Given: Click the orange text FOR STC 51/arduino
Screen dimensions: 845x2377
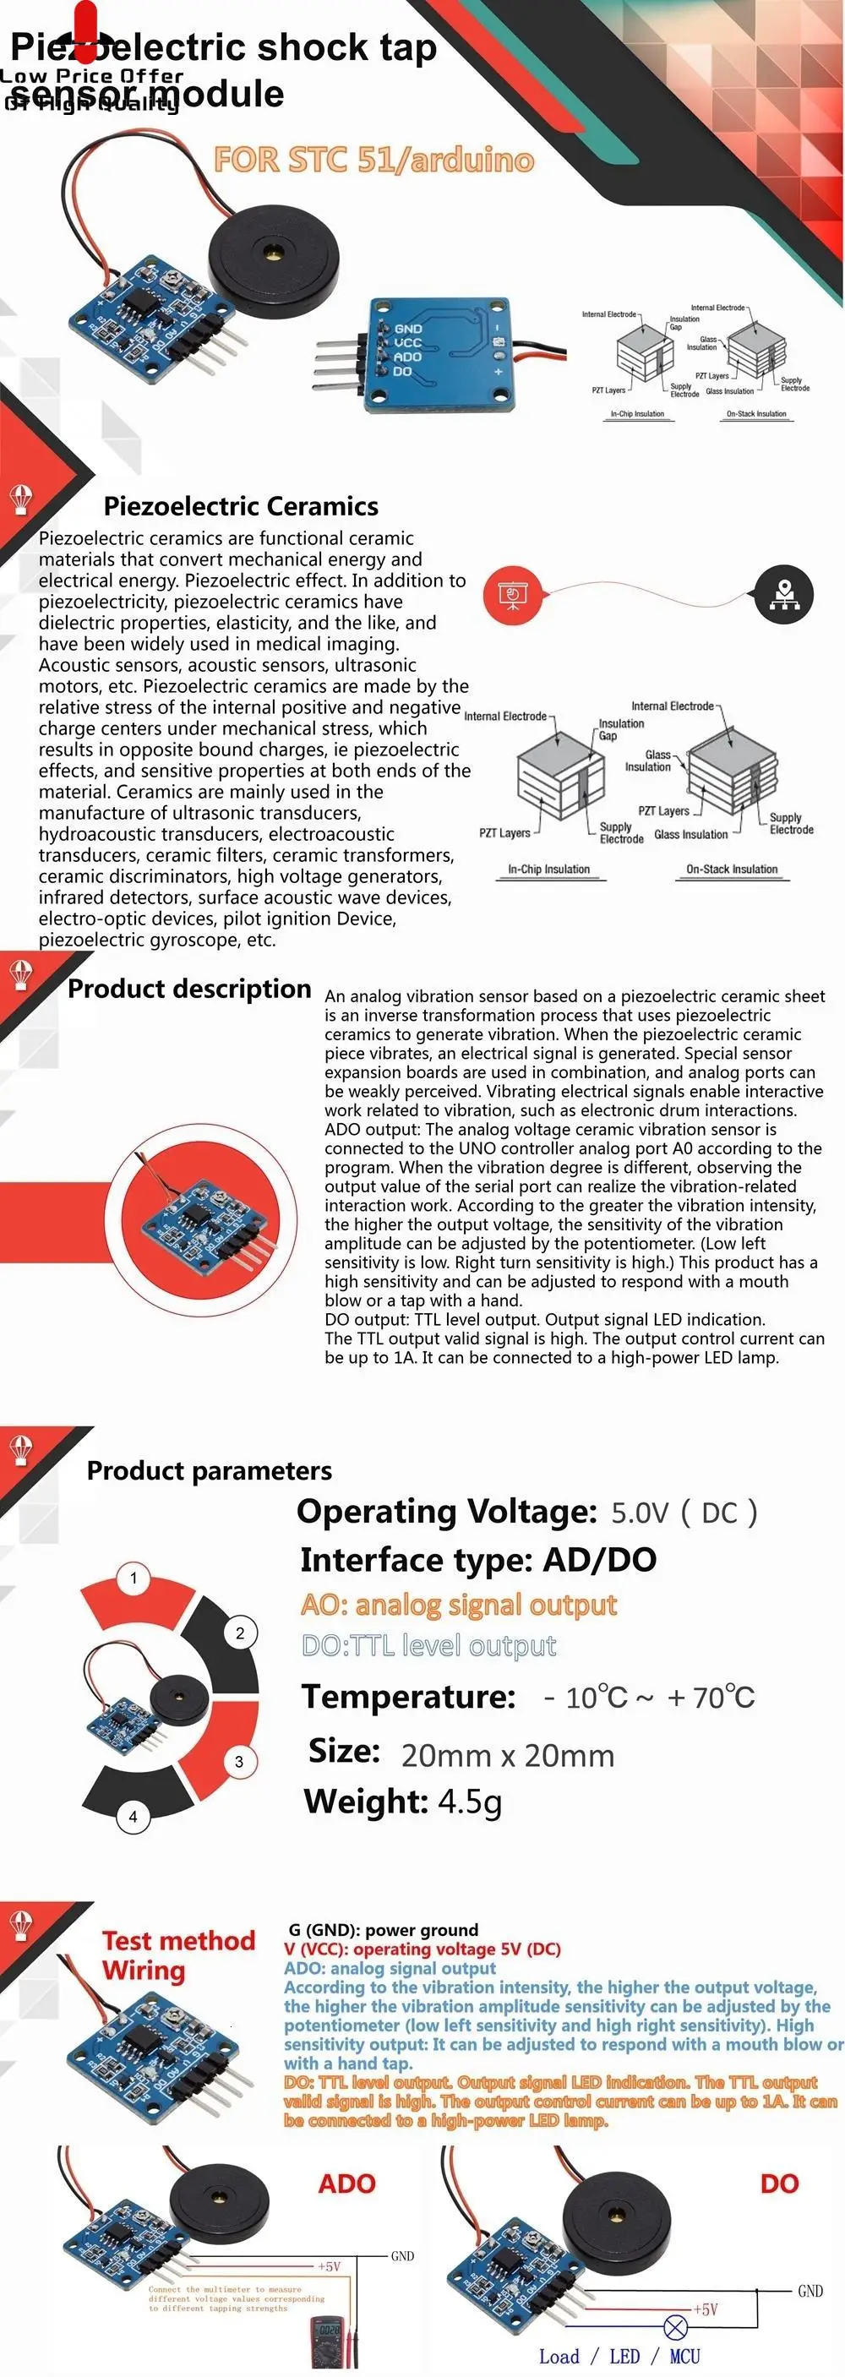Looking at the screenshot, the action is pos(373,160).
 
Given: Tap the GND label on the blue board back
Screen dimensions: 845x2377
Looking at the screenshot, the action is pos(408,329).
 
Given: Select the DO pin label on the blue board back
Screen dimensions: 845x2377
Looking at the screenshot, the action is pos(402,372).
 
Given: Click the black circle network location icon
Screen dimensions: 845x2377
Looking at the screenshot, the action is pos(784,594).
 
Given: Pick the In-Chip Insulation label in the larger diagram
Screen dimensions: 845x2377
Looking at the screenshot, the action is pos(549,870).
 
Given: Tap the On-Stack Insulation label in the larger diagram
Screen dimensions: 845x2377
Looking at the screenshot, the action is pos(732,870).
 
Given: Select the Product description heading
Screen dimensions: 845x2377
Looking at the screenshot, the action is pos(189,989).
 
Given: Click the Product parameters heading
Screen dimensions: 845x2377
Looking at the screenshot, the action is pos(210,1470).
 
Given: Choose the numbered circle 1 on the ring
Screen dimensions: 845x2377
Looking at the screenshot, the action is pos(134,1578).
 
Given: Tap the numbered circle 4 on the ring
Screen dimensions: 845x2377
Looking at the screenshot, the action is pos(133,1816).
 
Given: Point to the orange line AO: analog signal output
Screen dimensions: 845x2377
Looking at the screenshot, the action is pos(459,1605).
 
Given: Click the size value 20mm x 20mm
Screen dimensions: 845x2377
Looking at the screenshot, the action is pos(507,1755).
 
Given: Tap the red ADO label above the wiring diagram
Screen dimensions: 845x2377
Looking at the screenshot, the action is pos(346,2183).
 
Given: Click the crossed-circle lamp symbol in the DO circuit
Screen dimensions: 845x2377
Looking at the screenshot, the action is pos(675,2326).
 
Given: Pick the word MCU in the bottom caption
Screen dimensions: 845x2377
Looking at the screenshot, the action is pos(684,2356).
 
